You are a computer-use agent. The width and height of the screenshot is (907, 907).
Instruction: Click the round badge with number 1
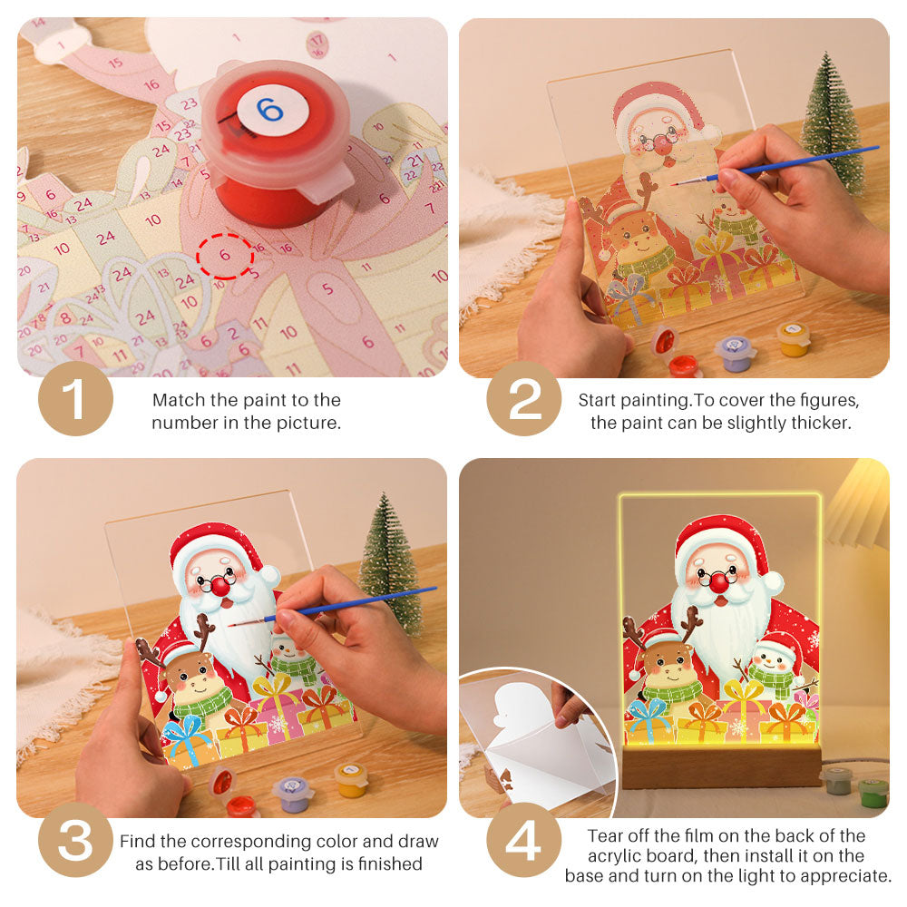click(75, 398)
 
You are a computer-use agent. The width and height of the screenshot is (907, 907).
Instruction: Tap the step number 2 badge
click(523, 398)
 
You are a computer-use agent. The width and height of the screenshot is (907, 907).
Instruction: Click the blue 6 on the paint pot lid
click(269, 110)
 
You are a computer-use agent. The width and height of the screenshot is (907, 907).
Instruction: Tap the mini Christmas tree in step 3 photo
click(390, 562)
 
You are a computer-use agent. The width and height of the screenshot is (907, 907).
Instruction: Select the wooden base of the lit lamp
click(721, 766)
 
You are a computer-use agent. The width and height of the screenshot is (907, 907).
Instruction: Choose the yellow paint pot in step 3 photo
click(351, 780)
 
